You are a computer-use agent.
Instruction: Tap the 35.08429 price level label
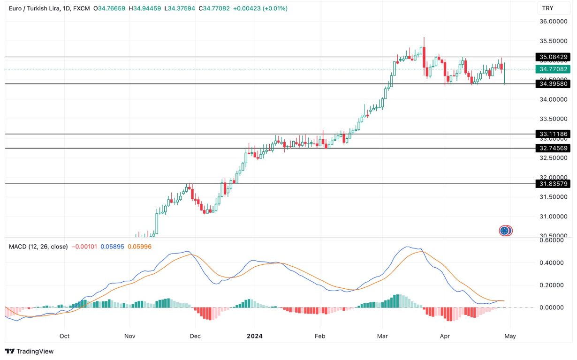coord(554,57)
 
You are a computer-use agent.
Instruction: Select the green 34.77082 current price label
coord(554,69)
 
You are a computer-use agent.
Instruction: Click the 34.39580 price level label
coord(554,84)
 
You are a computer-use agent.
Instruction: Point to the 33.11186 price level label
coord(554,134)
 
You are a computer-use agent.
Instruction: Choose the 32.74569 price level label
coord(554,148)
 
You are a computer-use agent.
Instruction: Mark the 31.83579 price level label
coord(554,184)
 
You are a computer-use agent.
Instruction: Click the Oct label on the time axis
coord(64,336)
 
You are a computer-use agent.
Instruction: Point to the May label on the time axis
coord(510,336)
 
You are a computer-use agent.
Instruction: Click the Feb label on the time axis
coord(319,336)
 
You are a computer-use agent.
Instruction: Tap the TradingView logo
coord(30,351)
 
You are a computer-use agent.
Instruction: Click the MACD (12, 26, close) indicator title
coord(38,247)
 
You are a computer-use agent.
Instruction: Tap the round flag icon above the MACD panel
coord(505,231)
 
